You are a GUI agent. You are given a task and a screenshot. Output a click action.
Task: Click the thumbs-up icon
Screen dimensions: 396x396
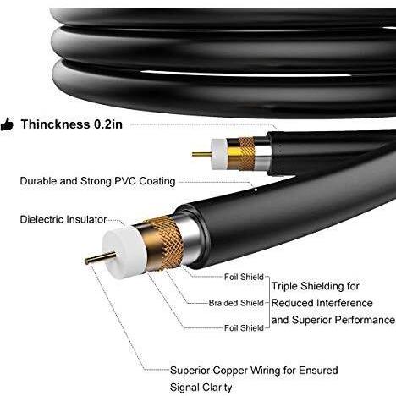tap(7, 124)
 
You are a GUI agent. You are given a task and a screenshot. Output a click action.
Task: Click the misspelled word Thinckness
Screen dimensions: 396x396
tap(55, 124)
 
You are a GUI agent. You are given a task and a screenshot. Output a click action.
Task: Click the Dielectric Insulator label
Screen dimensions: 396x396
tap(63, 219)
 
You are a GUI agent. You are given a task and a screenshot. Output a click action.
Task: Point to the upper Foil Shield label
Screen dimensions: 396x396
tap(244, 277)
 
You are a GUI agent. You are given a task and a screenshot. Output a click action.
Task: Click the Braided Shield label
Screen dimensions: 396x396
tap(236, 303)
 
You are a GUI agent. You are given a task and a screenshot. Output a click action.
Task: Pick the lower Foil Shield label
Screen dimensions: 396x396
tap(244, 328)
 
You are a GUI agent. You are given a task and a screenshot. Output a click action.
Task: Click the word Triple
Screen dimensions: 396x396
tap(284, 287)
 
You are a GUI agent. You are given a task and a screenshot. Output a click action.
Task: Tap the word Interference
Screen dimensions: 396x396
tap(344, 303)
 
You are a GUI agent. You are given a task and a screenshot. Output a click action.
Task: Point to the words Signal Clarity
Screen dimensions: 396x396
tap(201, 388)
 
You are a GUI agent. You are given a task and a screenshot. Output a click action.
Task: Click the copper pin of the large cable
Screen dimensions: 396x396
tap(100, 258)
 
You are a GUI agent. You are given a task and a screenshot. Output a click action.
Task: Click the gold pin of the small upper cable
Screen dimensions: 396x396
tap(202, 154)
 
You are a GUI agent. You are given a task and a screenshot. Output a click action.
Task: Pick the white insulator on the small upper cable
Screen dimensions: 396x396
tap(219, 154)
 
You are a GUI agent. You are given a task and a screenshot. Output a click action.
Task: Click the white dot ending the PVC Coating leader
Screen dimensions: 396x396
tap(256, 190)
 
